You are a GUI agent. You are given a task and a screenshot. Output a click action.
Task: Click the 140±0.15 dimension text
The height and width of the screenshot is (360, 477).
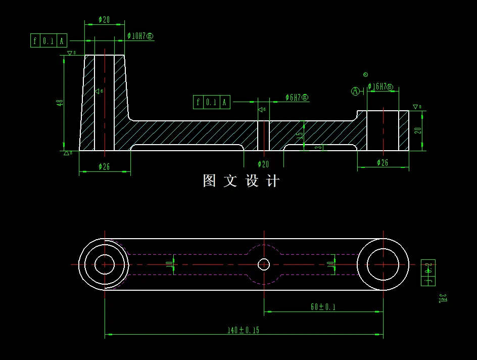pyautogui.click(x=243, y=330)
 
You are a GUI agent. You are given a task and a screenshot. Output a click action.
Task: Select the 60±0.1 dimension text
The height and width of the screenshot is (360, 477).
pyautogui.click(x=323, y=306)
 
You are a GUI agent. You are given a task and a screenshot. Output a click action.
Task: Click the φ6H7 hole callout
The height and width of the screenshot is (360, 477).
pyautogui.click(x=297, y=98)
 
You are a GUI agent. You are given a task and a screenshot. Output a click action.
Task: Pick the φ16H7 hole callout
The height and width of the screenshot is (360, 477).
pyautogui.click(x=380, y=87)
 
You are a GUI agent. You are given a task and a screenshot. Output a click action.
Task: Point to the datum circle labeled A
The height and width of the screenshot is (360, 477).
pyautogui.click(x=356, y=92)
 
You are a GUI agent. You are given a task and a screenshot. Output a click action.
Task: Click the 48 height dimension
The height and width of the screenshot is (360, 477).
pyautogui.click(x=60, y=103)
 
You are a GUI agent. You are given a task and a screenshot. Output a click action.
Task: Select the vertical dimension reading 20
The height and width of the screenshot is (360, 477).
pyautogui.click(x=417, y=130)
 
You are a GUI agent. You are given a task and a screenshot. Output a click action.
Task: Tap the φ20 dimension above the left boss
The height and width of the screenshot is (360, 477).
pyautogui.click(x=104, y=20)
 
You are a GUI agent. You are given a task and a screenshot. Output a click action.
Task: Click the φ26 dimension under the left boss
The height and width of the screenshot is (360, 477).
pyautogui.click(x=104, y=166)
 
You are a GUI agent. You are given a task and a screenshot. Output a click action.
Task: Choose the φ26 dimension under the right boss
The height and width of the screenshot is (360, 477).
pyautogui.click(x=383, y=163)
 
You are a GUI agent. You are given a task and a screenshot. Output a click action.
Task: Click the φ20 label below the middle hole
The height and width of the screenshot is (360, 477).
pyautogui.click(x=263, y=164)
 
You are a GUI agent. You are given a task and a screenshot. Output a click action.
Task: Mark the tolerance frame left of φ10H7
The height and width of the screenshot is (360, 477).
pyautogui.click(x=49, y=41)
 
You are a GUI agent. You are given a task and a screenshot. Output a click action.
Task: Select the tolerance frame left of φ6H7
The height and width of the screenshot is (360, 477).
pyautogui.click(x=212, y=102)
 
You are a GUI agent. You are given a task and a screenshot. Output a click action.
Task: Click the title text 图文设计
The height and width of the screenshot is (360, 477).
pyautogui.click(x=241, y=181)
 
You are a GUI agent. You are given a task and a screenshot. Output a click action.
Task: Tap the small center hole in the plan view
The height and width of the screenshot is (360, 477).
pyautogui.click(x=264, y=264)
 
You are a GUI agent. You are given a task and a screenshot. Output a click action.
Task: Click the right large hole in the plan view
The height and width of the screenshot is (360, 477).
pyautogui.click(x=383, y=264)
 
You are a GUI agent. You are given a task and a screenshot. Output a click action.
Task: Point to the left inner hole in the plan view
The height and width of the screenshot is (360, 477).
pyautogui.click(x=105, y=264)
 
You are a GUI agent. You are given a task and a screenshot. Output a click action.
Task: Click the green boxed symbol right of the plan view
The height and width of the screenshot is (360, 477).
pyautogui.click(x=428, y=272)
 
